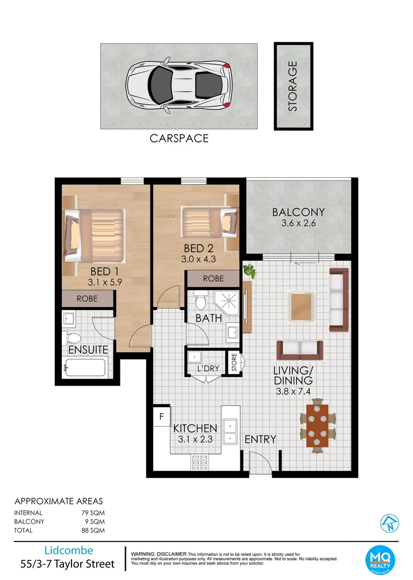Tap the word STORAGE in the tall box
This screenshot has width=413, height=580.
(293, 86)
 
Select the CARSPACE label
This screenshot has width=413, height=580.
(179, 139)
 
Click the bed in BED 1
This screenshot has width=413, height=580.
(95, 233)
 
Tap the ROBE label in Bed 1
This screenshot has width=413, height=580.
(87, 299)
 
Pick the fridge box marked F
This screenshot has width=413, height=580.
(160, 417)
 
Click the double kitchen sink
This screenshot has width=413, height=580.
(231, 431)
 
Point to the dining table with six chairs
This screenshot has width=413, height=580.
(317, 424)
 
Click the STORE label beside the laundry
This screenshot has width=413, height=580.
(234, 363)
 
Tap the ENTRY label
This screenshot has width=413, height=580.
(260, 439)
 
